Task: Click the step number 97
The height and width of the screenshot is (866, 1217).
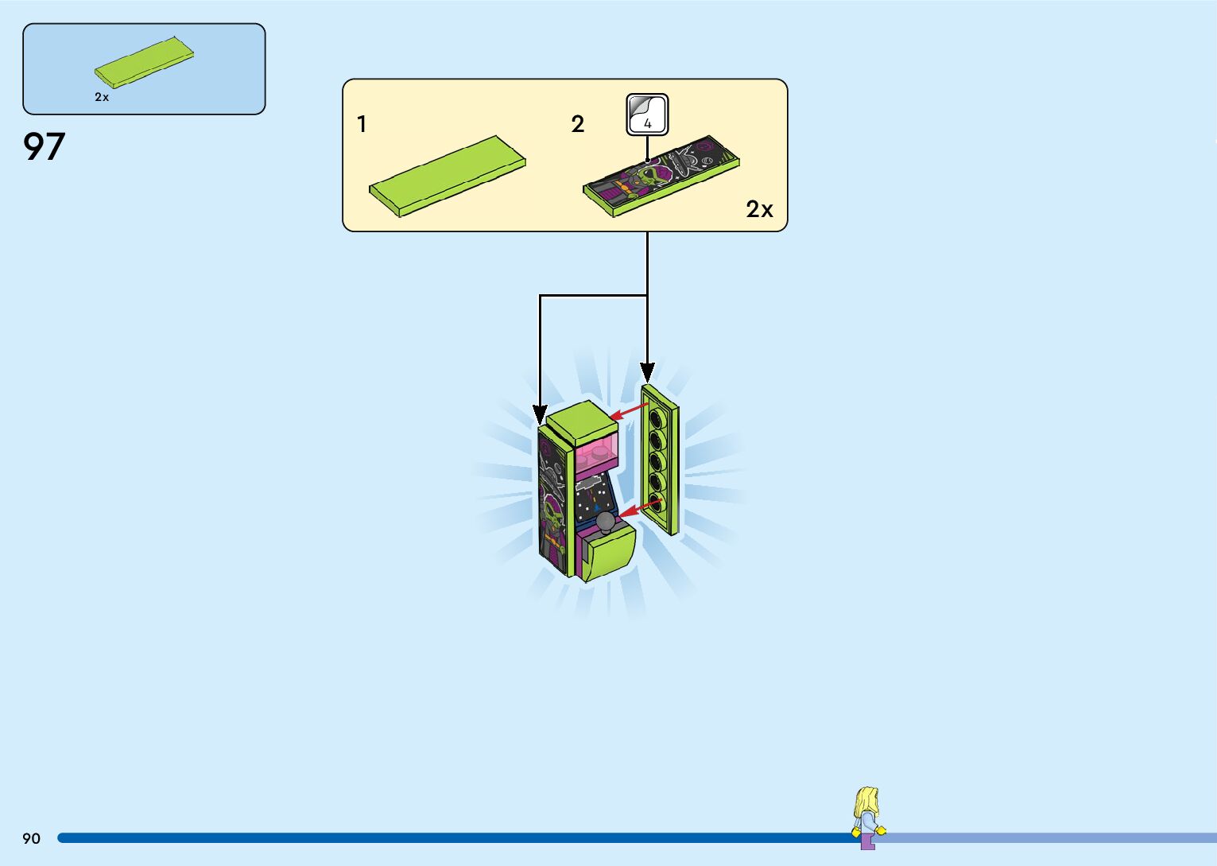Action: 44,147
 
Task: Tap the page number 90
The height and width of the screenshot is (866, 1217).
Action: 31,838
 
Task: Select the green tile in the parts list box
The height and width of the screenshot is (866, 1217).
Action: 144,63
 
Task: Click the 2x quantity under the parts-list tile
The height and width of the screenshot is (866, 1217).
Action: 102,97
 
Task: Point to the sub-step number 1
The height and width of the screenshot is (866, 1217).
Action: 362,124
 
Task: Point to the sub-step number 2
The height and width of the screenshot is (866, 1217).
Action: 578,124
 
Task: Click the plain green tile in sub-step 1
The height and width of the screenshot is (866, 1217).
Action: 448,176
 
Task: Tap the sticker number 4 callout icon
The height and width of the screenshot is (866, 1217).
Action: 647,115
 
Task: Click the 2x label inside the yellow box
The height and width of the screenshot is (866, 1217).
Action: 759,209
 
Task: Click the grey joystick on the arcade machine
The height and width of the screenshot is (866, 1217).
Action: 606,522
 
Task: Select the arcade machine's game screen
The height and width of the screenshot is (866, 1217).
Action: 595,497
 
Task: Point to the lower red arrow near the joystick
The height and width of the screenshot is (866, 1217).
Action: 639,508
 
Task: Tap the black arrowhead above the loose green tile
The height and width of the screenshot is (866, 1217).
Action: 647,372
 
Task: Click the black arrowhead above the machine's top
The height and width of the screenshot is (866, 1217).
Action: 540,415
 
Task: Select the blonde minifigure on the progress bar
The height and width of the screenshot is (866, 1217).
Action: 868,817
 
